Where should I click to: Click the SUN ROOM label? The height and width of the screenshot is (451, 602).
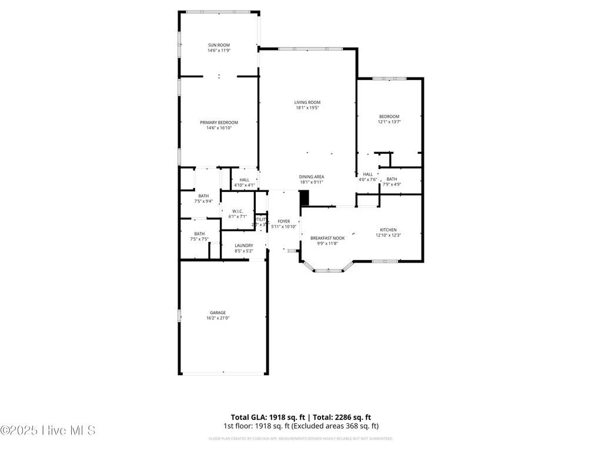click(218, 45)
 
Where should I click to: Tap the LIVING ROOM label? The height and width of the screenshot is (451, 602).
click(307, 103)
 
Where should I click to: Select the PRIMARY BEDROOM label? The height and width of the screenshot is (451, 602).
click(219, 122)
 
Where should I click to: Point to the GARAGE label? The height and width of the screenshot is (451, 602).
click(218, 312)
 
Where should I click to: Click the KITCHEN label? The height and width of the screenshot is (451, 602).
click(388, 230)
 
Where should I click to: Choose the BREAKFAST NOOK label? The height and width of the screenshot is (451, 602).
click(327, 238)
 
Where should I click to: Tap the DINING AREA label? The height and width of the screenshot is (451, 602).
click(312, 177)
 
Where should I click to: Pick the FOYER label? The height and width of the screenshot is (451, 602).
click(284, 221)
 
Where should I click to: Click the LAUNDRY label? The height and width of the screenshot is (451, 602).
click(243, 245)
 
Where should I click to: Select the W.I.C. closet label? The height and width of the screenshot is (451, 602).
click(238, 211)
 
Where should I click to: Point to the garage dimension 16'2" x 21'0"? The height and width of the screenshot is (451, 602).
click(218, 318)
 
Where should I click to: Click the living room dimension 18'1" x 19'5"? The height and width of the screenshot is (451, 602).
click(307, 108)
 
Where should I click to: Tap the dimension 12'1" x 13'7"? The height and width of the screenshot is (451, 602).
click(389, 122)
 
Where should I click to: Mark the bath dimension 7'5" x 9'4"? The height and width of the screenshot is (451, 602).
click(203, 201)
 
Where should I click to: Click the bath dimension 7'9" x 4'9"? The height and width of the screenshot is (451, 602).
click(392, 185)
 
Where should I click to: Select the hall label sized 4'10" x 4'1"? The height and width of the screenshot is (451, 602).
click(244, 180)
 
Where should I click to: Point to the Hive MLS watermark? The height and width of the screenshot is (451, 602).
click(48, 430)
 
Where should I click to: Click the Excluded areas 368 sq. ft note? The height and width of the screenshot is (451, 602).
click(345, 426)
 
